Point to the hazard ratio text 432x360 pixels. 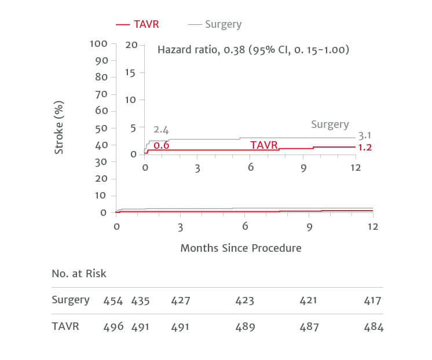point(253,50)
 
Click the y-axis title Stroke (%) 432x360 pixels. point(59,127)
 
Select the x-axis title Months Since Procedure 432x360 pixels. point(240,248)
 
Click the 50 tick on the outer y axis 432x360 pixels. point(101,128)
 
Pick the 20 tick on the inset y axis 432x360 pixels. point(131,45)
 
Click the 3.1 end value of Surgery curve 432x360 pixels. point(365,136)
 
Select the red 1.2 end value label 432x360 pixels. point(365,148)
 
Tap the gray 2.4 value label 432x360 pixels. point(161,130)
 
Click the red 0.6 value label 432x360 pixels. point(161,145)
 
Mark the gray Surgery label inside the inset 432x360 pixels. point(330,124)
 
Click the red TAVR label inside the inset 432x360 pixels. point(264,145)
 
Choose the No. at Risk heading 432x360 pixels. point(79,273)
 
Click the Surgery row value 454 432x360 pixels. point(113,300)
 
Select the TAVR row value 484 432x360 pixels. point(374,327)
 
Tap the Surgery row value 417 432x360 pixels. point(374,300)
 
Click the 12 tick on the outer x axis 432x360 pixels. point(372,226)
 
